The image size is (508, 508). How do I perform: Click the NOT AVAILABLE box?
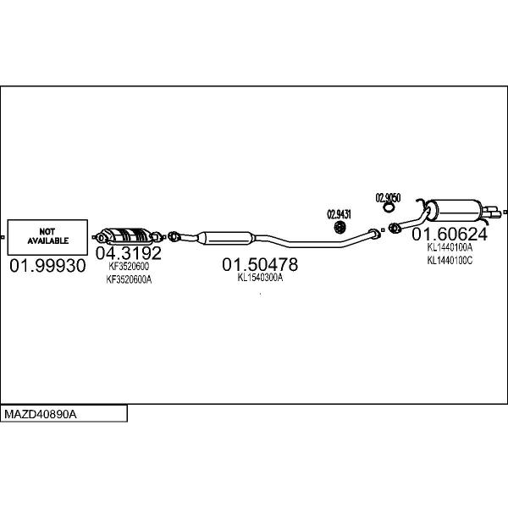(47, 237)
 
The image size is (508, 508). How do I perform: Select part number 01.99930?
(47, 266)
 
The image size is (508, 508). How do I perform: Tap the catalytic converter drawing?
(129, 236)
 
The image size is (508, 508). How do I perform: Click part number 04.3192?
(129, 252)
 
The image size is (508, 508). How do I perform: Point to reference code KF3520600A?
(129, 279)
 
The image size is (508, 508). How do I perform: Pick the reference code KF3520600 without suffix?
(129, 267)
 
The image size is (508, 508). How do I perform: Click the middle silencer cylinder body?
(227, 238)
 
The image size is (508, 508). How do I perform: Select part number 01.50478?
(260, 264)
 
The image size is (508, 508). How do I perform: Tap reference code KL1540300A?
(260, 278)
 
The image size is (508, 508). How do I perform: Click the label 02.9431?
(340, 214)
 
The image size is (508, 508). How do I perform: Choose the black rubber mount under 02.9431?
(340, 227)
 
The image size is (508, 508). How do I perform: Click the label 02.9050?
(388, 197)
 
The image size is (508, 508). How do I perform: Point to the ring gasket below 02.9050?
(388, 207)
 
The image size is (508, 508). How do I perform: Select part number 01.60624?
(450, 234)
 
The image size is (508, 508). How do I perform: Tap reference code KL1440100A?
(450, 248)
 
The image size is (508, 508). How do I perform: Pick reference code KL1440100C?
(450, 260)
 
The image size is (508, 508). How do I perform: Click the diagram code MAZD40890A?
(41, 414)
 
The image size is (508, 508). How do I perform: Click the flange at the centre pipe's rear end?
(374, 234)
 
